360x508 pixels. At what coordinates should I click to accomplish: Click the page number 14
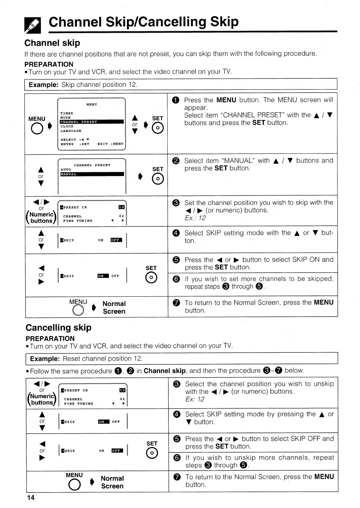[x=30, y=498]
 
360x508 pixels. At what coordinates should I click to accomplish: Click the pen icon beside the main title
[x=32, y=24]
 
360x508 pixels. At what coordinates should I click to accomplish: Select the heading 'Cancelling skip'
[x=58, y=328]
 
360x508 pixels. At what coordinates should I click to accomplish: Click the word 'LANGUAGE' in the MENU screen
[x=71, y=131]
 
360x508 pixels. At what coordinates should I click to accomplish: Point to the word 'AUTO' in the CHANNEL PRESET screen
[x=66, y=170]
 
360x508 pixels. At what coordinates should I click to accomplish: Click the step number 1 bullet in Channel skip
[x=176, y=100]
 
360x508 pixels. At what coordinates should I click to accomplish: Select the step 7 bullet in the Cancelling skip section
[x=177, y=477]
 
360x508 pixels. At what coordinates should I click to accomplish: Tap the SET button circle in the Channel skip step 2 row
[x=158, y=179]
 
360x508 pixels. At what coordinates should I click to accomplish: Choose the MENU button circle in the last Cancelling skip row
[x=74, y=485]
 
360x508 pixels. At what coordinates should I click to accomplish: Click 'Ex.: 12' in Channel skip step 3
[x=195, y=218]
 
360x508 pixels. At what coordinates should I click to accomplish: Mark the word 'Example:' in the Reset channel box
[x=45, y=359]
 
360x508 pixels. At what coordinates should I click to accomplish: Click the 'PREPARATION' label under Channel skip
[x=49, y=64]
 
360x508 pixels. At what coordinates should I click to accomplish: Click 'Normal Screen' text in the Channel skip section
[x=114, y=308]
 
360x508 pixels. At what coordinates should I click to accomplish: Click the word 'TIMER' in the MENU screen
[x=67, y=113]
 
